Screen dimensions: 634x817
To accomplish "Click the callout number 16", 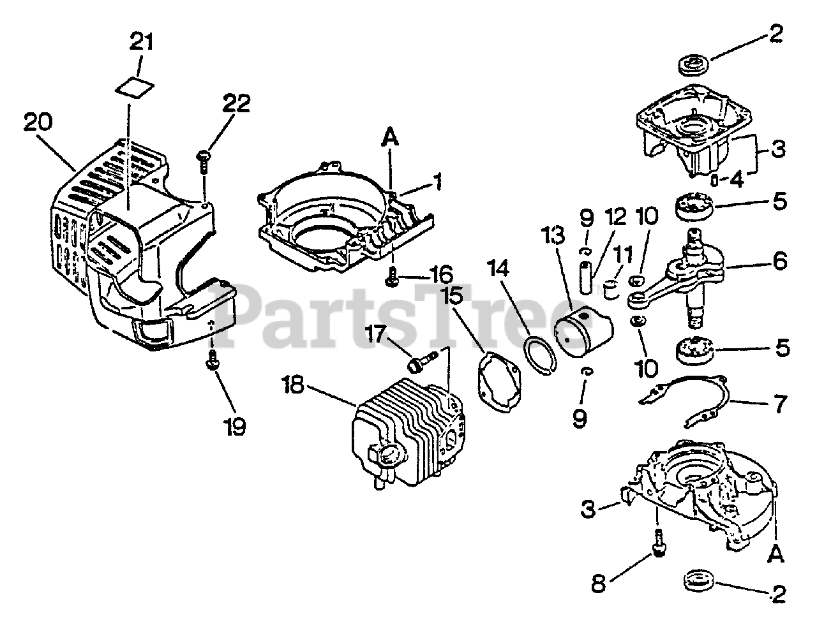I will point(441,276).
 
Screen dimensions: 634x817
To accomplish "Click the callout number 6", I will point(779,260).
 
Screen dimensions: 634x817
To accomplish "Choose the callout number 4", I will point(737,180).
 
